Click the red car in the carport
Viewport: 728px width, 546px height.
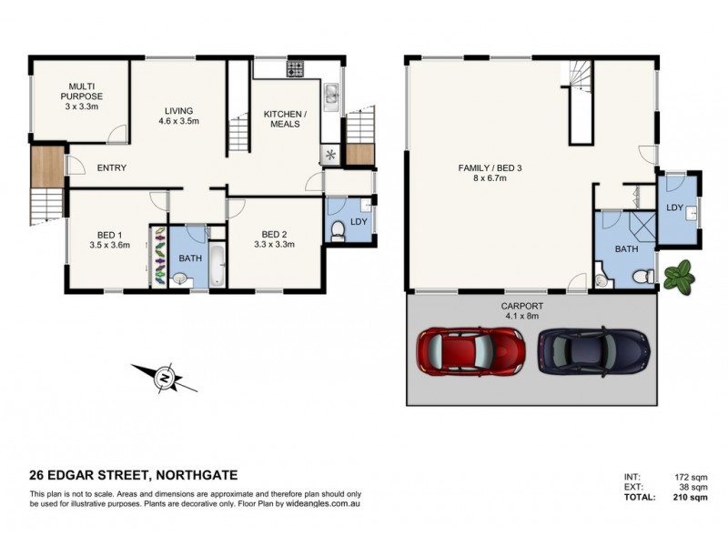click(x=470, y=348)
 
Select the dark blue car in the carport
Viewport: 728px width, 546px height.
click(x=593, y=349)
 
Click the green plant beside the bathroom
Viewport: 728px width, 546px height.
click(x=678, y=275)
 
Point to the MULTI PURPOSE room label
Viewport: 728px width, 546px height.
click(x=82, y=96)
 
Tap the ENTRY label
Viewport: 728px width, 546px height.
click(x=111, y=167)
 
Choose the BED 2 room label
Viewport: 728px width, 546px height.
click(x=274, y=238)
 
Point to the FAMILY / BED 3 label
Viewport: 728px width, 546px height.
click(x=493, y=173)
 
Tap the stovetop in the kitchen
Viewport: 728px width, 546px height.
click(x=296, y=68)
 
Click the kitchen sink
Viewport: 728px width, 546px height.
click(x=331, y=94)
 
